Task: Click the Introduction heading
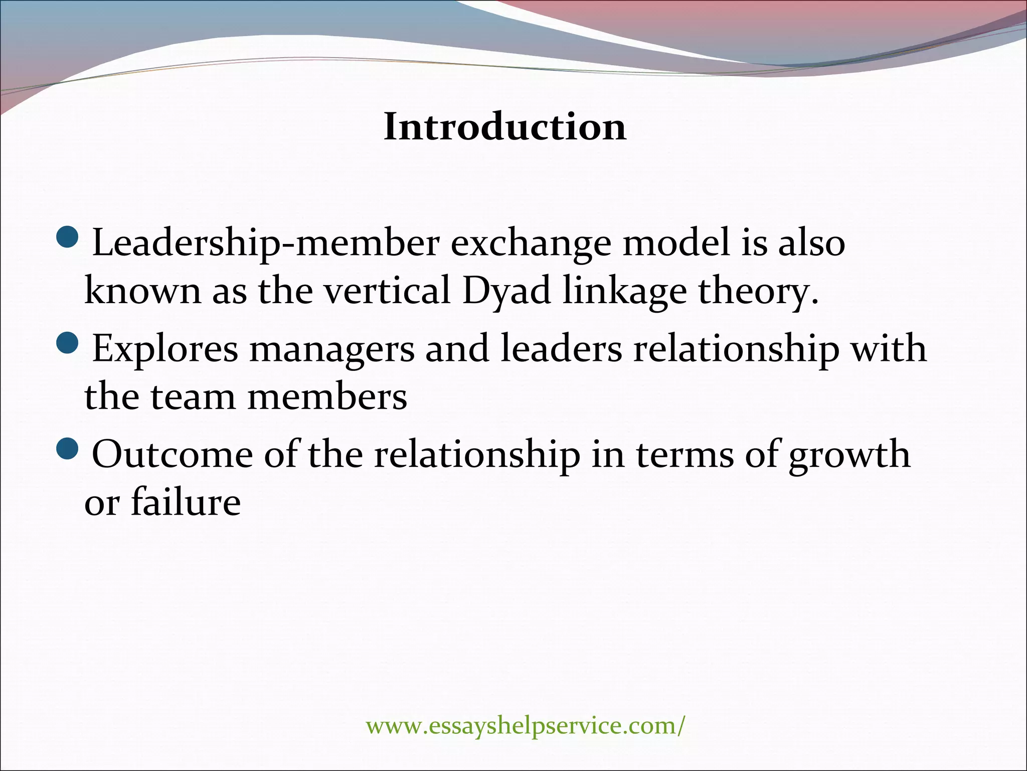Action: coord(505,127)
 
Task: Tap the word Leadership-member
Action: coord(266,243)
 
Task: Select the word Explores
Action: coord(165,349)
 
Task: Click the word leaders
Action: coord(561,348)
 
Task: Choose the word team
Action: coord(193,397)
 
